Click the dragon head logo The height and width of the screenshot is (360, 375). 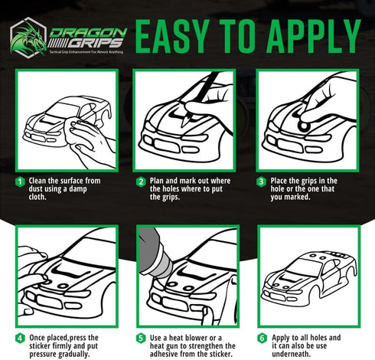tap(28, 38)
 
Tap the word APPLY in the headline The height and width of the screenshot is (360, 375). tap(313, 36)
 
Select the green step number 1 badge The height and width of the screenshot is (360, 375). tap(20, 182)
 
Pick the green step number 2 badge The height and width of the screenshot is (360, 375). tap(141, 182)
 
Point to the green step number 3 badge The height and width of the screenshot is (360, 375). tap(261, 182)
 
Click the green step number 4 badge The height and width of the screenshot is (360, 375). tap(20, 339)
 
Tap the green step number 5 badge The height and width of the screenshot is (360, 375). tap(141, 339)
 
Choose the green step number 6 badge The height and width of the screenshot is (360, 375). tap(262, 339)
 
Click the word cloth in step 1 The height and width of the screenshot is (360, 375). tap(37, 197)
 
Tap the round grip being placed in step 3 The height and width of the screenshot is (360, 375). tap(303, 126)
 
